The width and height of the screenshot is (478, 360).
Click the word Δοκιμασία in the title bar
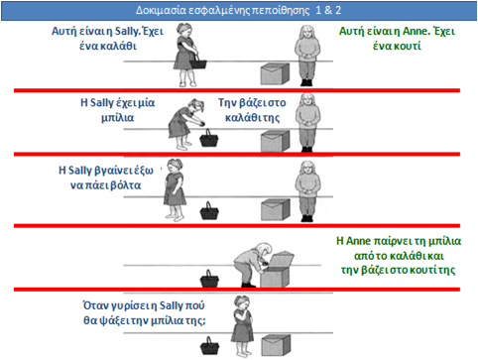tap(161, 10)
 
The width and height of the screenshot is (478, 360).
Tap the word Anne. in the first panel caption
tap(416, 31)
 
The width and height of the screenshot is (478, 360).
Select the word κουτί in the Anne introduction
tap(408, 46)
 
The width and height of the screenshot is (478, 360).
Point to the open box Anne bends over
tap(277, 269)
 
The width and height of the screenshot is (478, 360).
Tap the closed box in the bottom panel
tap(276, 345)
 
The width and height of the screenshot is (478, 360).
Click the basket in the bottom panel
tap(209, 345)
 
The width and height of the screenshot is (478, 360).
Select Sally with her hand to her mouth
tap(242, 326)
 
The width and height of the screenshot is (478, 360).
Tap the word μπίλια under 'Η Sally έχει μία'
tap(118, 118)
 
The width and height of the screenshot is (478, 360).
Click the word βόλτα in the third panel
tap(126, 185)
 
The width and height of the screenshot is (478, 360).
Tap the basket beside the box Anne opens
tap(209, 279)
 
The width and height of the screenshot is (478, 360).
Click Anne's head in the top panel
tap(307, 33)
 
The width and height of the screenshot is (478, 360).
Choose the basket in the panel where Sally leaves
tap(209, 210)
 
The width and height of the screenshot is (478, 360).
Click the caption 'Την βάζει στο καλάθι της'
tap(252, 110)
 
